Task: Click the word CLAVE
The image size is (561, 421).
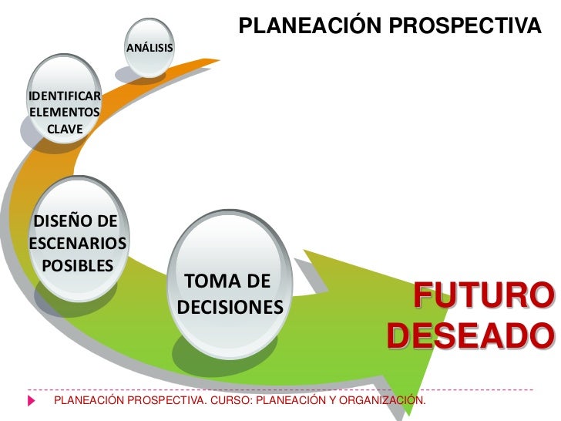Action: (65, 128)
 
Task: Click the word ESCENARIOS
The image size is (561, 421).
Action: (76, 244)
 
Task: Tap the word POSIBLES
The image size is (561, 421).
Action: (76, 266)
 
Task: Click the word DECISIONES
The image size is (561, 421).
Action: (230, 308)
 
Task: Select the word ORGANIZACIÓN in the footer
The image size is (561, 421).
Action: (377, 402)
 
